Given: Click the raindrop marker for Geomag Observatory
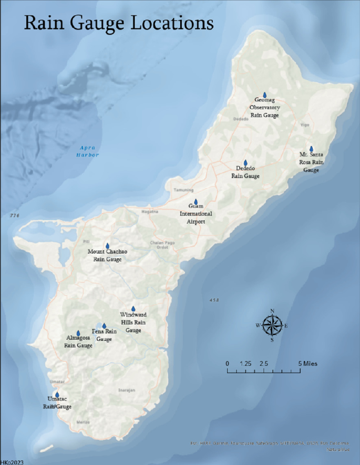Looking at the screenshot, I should (x=265, y=95).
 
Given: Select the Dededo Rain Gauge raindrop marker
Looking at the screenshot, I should (x=245, y=163).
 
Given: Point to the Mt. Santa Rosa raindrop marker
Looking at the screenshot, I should (x=311, y=149).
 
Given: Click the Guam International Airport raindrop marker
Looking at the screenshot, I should (x=196, y=202).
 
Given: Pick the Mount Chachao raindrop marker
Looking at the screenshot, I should (x=107, y=246).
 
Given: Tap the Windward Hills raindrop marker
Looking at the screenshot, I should (x=133, y=309).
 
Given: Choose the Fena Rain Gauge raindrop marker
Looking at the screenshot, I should (x=104, y=326).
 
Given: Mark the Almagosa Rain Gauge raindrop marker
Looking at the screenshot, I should (x=78, y=333).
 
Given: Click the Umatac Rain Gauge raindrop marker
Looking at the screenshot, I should (x=57, y=395).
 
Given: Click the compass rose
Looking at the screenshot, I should (x=272, y=325).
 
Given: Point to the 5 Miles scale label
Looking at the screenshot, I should (x=308, y=364).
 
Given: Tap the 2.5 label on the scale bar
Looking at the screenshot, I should (x=264, y=364).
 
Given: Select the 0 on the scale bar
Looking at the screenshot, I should (x=228, y=364).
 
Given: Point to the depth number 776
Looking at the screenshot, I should (x=14, y=216).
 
